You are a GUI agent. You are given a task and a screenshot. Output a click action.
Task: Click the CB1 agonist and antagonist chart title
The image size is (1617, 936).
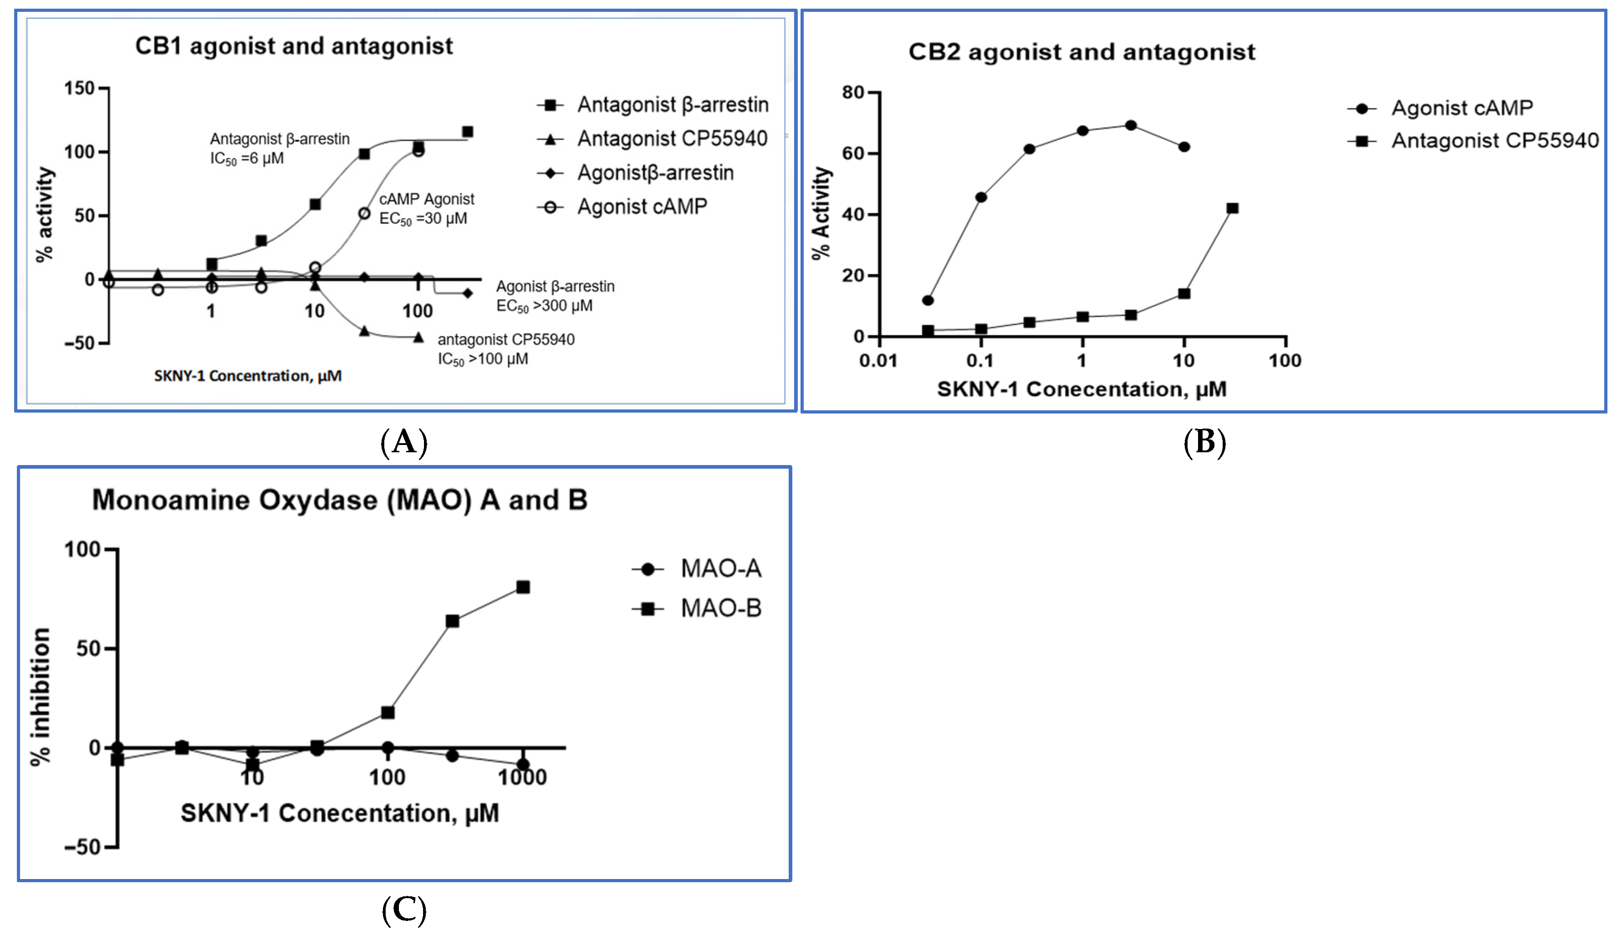pos(294,46)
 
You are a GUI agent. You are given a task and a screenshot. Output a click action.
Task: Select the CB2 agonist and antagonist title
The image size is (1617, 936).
pos(1082,52)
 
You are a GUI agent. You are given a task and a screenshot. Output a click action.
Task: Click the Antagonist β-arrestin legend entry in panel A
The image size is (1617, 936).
pos(652,104)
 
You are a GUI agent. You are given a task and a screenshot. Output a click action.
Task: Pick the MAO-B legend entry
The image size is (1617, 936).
pos(697,608)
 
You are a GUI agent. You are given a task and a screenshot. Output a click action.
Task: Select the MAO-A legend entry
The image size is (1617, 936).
pos(697,569)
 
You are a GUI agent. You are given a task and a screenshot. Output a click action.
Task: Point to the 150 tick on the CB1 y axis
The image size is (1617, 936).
pos(80,88)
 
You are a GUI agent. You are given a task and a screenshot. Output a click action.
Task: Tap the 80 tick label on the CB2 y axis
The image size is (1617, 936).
pos(853,93)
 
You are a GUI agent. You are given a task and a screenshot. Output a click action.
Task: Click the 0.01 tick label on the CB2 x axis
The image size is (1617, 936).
pos(878,361)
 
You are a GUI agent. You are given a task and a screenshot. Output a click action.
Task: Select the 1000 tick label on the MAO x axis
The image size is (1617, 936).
pos(522,777)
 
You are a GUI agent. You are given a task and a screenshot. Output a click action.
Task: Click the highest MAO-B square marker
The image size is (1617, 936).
pos(523,587)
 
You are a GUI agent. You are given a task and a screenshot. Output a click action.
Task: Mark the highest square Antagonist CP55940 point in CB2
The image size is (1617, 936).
pos(1232,208)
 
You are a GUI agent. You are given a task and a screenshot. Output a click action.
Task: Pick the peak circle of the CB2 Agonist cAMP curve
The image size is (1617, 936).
pos(1131,125)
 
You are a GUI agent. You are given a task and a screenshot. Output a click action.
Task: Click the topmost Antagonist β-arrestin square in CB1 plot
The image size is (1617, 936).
pos(468,131)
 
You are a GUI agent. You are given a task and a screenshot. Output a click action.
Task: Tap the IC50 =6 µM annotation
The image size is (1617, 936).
pos(247,159)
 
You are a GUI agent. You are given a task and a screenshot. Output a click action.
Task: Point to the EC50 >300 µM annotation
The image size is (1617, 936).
pos(544,306)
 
